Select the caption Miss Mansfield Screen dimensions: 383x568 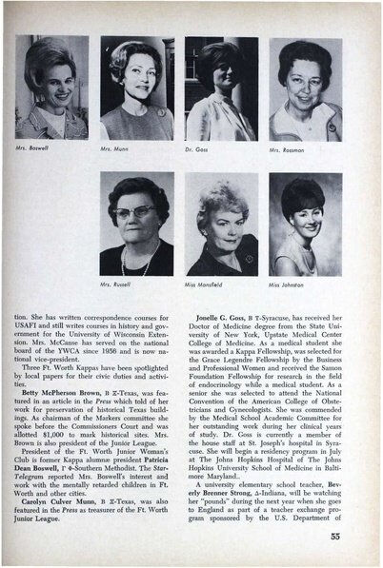point(204,284)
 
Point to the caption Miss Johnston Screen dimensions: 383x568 point(287,284)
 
